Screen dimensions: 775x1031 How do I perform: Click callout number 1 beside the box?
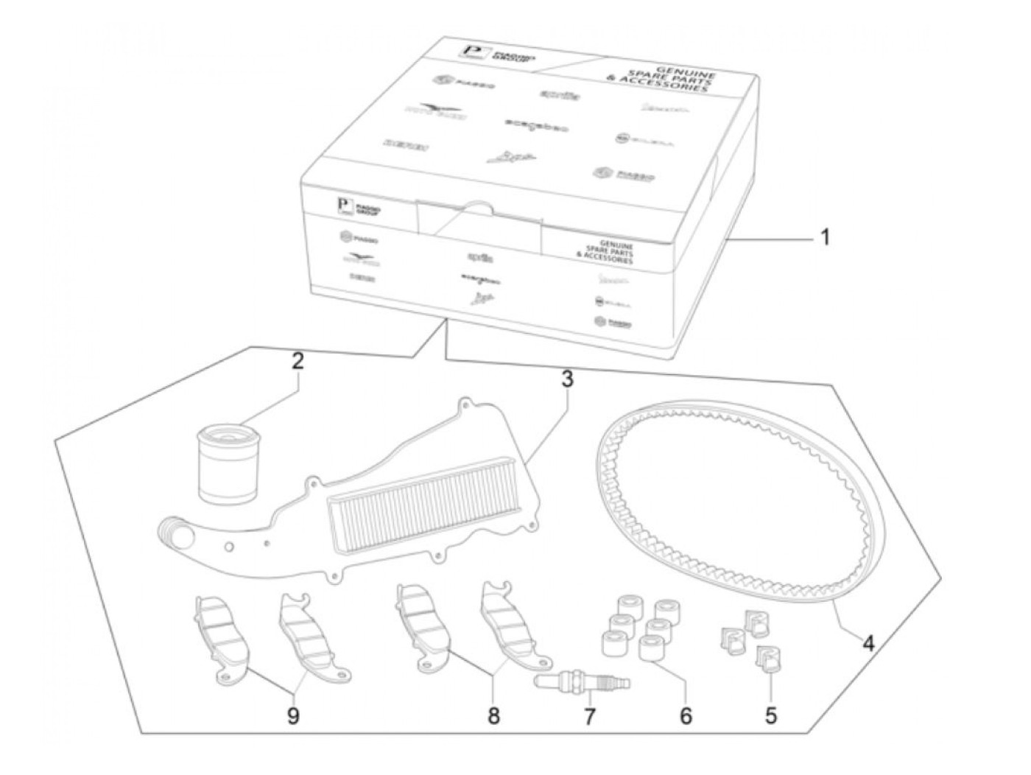coord(825,238)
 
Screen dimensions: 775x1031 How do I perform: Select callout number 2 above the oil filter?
coord(298,361)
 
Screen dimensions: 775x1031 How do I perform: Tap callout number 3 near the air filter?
coord(566,379)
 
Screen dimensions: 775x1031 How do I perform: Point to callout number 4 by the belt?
coord(869,643)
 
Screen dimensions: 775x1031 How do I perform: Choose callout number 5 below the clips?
coord(770,715)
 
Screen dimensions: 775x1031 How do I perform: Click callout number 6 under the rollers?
coord(686,715)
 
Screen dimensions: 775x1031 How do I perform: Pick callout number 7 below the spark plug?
coord(588,716)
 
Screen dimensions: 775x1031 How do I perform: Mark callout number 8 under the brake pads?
coord(493,715)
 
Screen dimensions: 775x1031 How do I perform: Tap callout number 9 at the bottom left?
coord(293,716)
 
